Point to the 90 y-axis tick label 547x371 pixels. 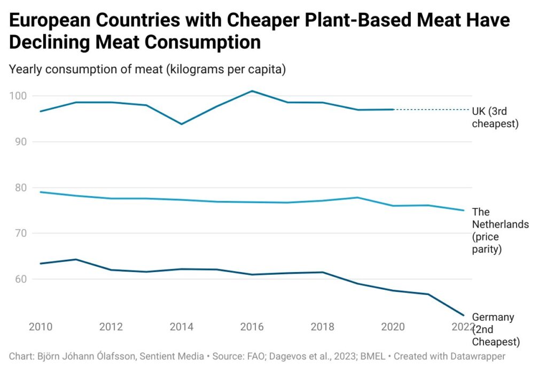(20, 142)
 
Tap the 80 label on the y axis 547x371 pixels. (20, 188)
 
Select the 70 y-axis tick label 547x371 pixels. (20, 233)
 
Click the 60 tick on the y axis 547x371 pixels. (20, 279)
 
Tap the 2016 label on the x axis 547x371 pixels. (252, 327)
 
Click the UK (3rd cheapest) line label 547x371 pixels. (495, 118)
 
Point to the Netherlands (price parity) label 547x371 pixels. (500, 230)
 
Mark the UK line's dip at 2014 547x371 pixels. (181, 124)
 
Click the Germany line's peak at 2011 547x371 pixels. (76, 259)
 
